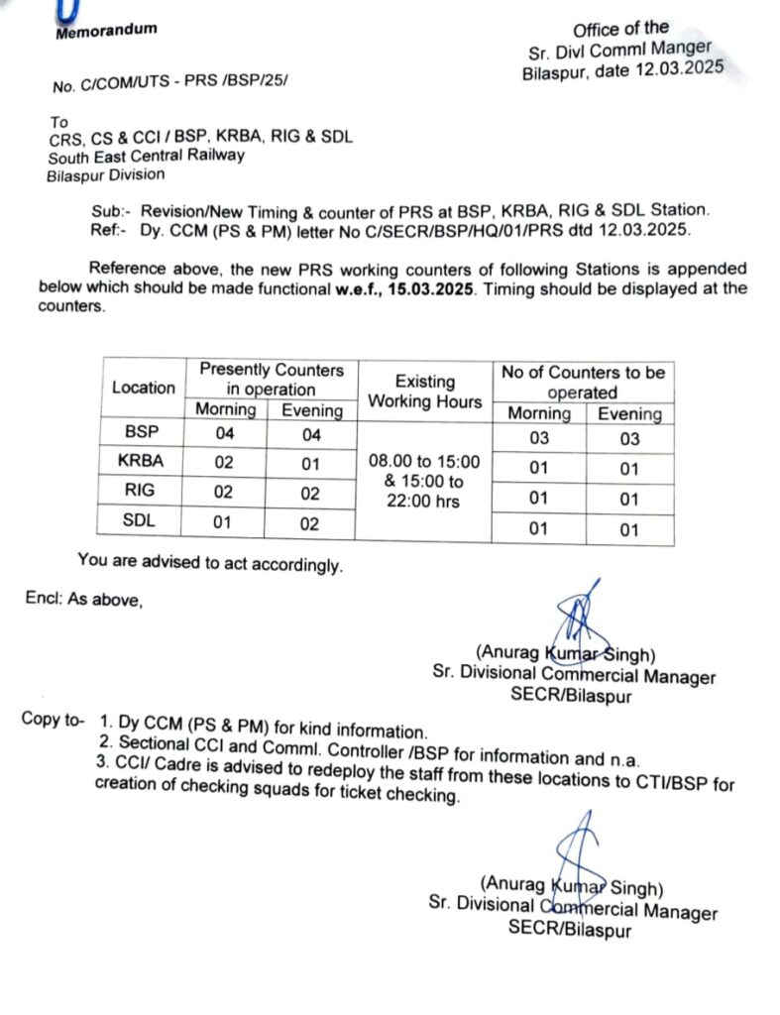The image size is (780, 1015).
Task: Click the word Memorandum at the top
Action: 106,31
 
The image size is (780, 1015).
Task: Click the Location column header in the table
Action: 144,388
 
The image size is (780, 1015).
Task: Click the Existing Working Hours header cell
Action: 424,392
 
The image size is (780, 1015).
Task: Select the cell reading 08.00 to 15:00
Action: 424,462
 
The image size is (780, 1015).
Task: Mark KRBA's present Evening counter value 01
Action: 309,463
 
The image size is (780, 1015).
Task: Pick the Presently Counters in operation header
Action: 272,379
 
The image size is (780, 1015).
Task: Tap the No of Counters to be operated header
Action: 583,382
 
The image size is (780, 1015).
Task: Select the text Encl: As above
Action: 84,599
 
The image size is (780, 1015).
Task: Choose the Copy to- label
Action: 54,719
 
